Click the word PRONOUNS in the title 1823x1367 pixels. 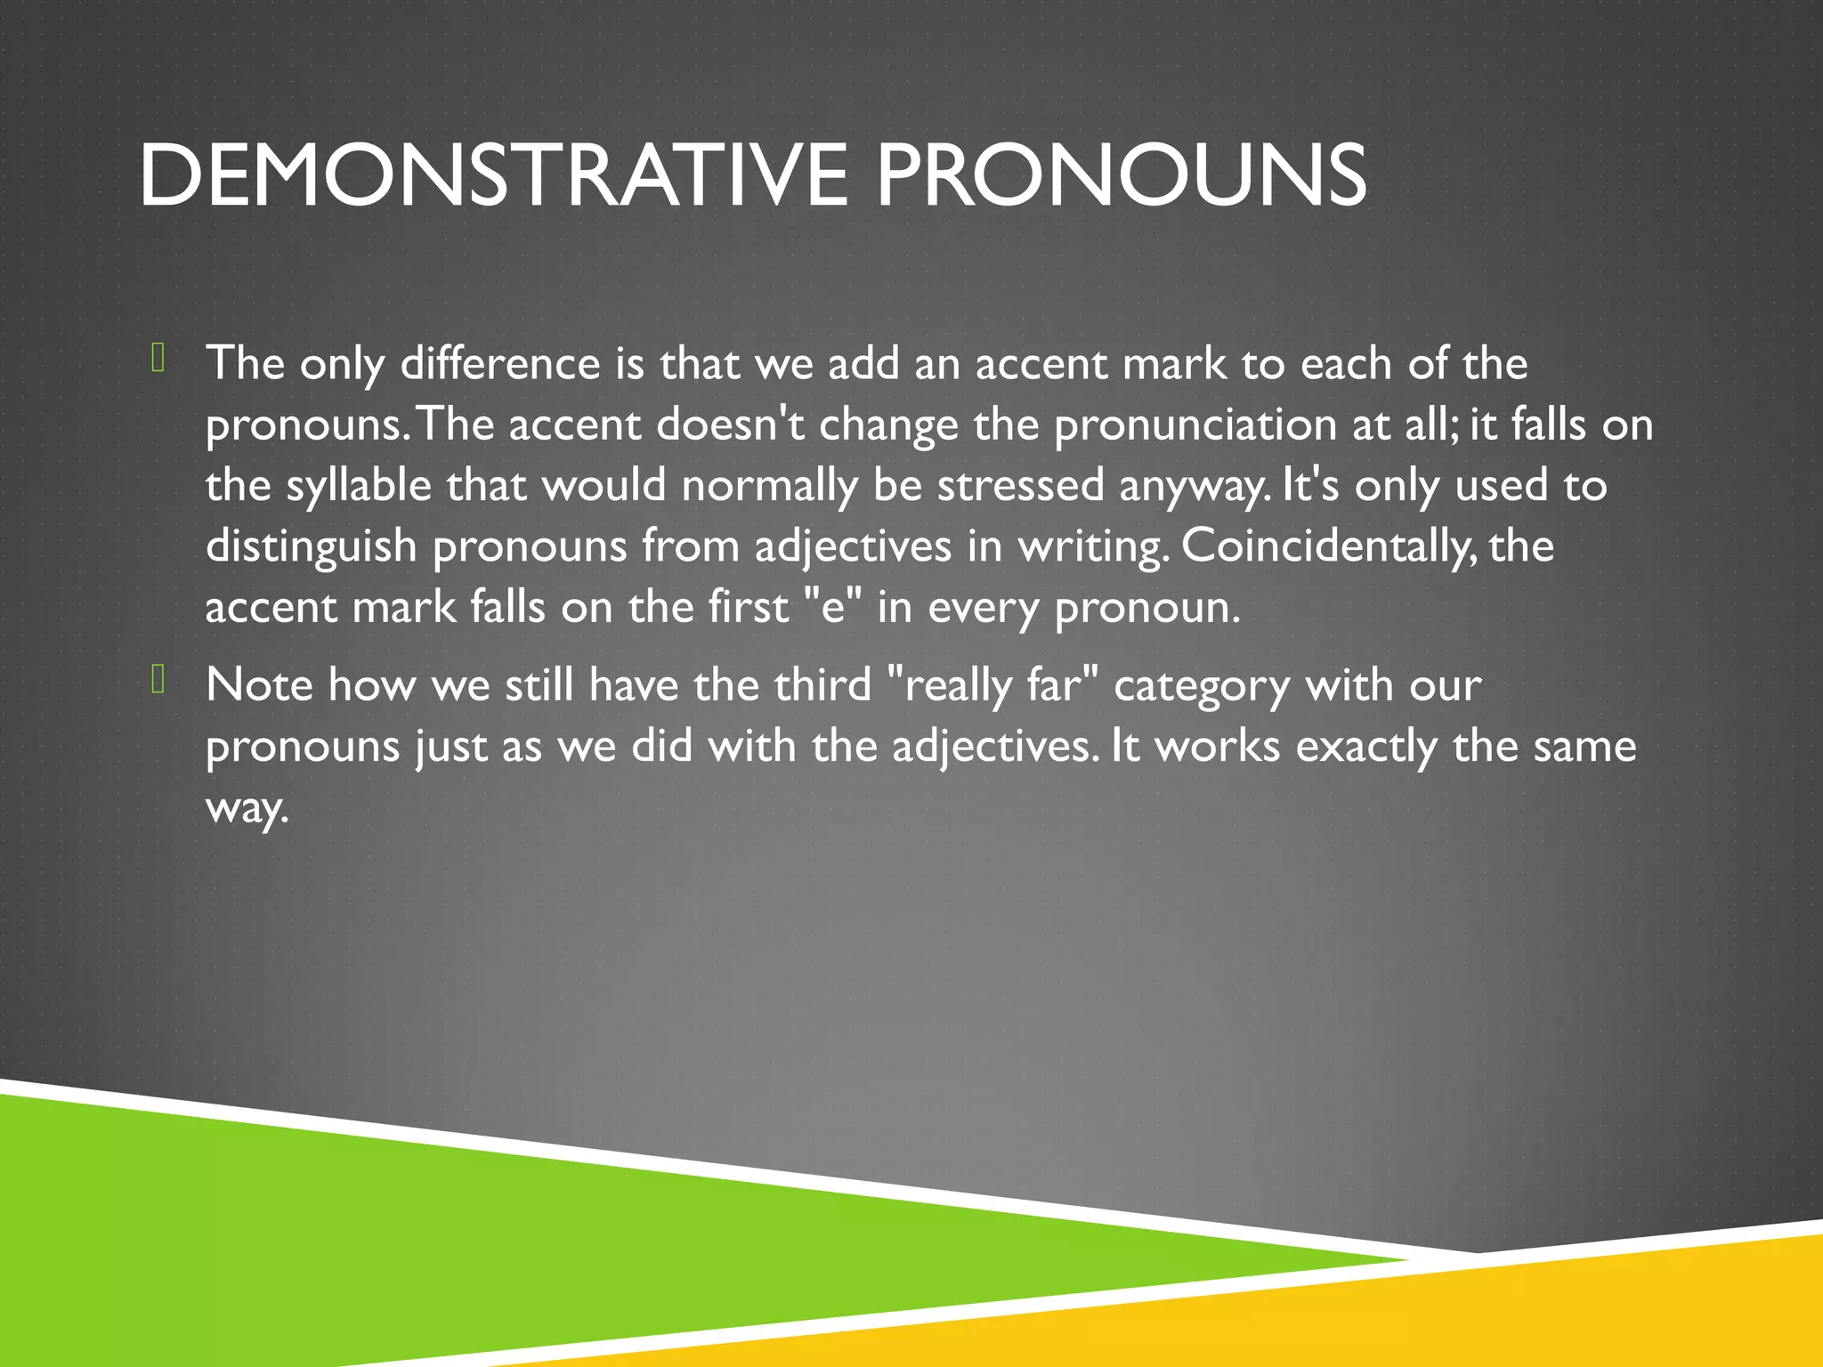pyautogui.click(x=1121, y=175)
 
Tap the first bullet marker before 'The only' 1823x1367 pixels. pyautogui.click(x=158, y=358)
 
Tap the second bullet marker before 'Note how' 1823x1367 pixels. pyautogui.click(x=158, y=680)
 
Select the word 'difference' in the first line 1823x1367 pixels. pyautogui.click(x=500, y=363)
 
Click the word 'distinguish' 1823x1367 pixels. pyautogui.click(x=311, y=546)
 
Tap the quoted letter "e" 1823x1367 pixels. pyautogui.click(x=833, y=606)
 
